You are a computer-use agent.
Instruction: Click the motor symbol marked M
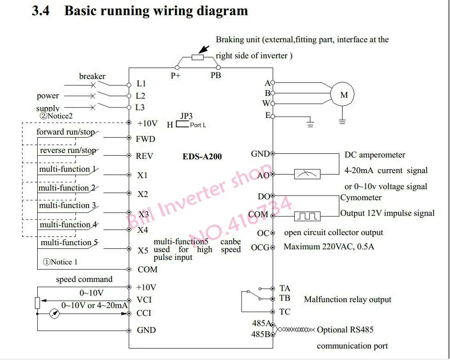(x=344, y=95)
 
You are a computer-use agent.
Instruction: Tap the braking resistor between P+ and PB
(x=197, y=57)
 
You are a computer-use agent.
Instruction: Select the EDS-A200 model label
(x=202, y=157)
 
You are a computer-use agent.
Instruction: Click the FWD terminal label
(x=146, y=139)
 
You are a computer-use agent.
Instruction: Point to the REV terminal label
(x=145, y=156)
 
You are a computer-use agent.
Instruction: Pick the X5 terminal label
(x=143, y=251)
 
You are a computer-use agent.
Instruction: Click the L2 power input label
(x=141, y=96)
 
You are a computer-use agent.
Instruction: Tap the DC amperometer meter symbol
(x=307, y=174)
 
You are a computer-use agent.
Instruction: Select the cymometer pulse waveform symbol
(x=307, y=215)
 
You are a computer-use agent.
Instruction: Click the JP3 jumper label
(x=186, y=116)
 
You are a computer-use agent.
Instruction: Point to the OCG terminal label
(x=260, y=247)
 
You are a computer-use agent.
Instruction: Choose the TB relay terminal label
(x=285, y=298)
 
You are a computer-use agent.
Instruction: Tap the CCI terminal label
(x=144, y=313)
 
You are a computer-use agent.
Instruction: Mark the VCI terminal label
(x=144, y=300)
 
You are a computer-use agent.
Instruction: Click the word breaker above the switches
(x=92, y=76)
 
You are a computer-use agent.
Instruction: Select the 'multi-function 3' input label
(x=67, y=206)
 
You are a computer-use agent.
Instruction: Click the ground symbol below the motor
(x=342, y=121)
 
